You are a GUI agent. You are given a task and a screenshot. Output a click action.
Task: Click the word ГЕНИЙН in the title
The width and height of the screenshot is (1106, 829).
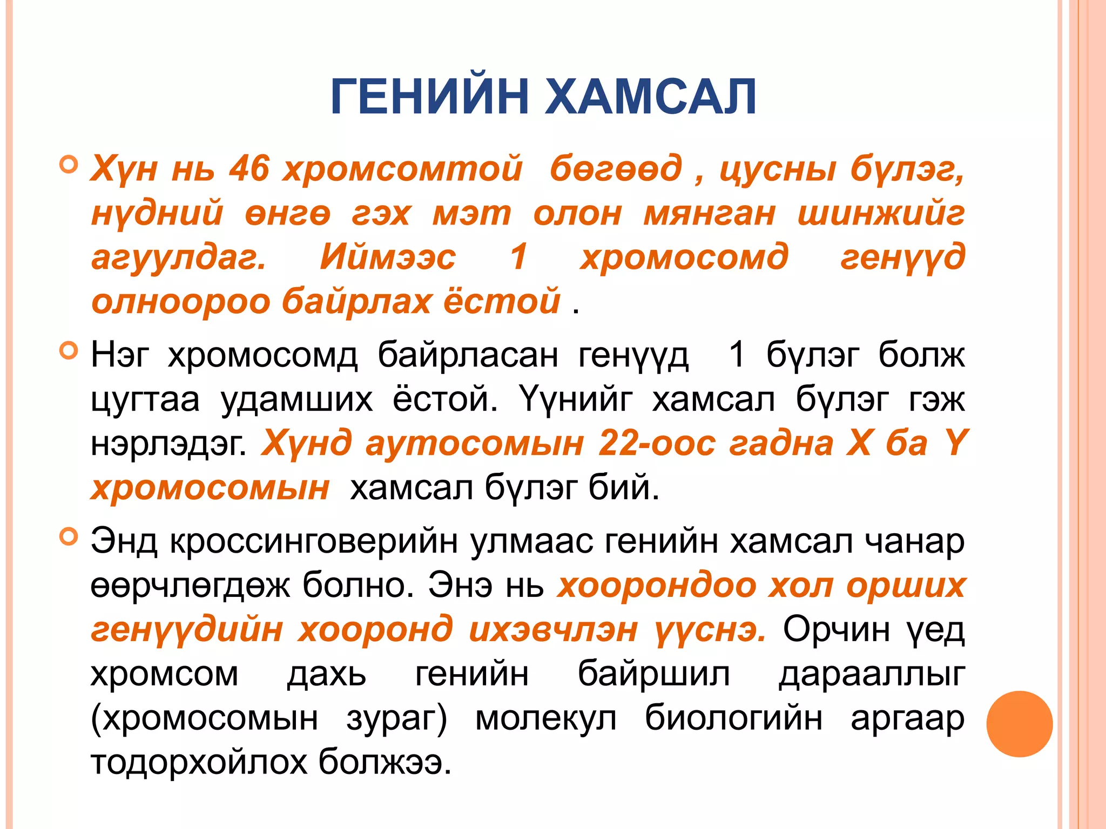[429, 97]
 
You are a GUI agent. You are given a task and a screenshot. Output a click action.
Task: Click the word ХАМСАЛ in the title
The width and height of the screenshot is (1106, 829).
[651, 97]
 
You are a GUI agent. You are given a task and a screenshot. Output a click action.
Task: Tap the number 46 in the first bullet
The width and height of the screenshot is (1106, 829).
[249, 168]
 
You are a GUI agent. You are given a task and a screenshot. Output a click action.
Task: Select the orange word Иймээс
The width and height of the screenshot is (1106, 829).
[388, 257]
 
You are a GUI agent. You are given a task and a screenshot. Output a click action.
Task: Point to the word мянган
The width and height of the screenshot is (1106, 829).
[709, 213]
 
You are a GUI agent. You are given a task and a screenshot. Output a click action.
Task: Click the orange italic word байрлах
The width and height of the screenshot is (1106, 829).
[356, 301]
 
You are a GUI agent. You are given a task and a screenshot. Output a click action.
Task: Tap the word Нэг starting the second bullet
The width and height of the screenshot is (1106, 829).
[119, 356]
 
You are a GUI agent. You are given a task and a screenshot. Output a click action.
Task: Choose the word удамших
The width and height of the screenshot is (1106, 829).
[296, 400]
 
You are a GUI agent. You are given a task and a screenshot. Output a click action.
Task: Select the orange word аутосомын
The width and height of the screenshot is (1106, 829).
[475, 444]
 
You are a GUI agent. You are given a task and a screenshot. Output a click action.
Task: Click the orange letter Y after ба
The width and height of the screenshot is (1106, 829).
[954, 443]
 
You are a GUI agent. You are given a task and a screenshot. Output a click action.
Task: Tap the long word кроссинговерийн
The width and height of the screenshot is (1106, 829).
[313, 541]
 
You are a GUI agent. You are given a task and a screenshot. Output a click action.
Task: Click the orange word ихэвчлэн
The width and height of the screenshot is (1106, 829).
[554, 630]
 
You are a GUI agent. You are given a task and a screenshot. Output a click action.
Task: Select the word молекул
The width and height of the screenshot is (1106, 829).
[545, 718]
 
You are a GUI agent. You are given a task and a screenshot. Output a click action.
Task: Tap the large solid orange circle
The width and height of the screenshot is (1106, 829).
[1019, 724]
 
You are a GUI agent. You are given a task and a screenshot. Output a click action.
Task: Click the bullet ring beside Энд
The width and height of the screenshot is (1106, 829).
[69, 537]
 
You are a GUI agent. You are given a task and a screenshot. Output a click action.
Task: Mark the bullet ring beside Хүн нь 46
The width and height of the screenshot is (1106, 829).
[69, 164]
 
